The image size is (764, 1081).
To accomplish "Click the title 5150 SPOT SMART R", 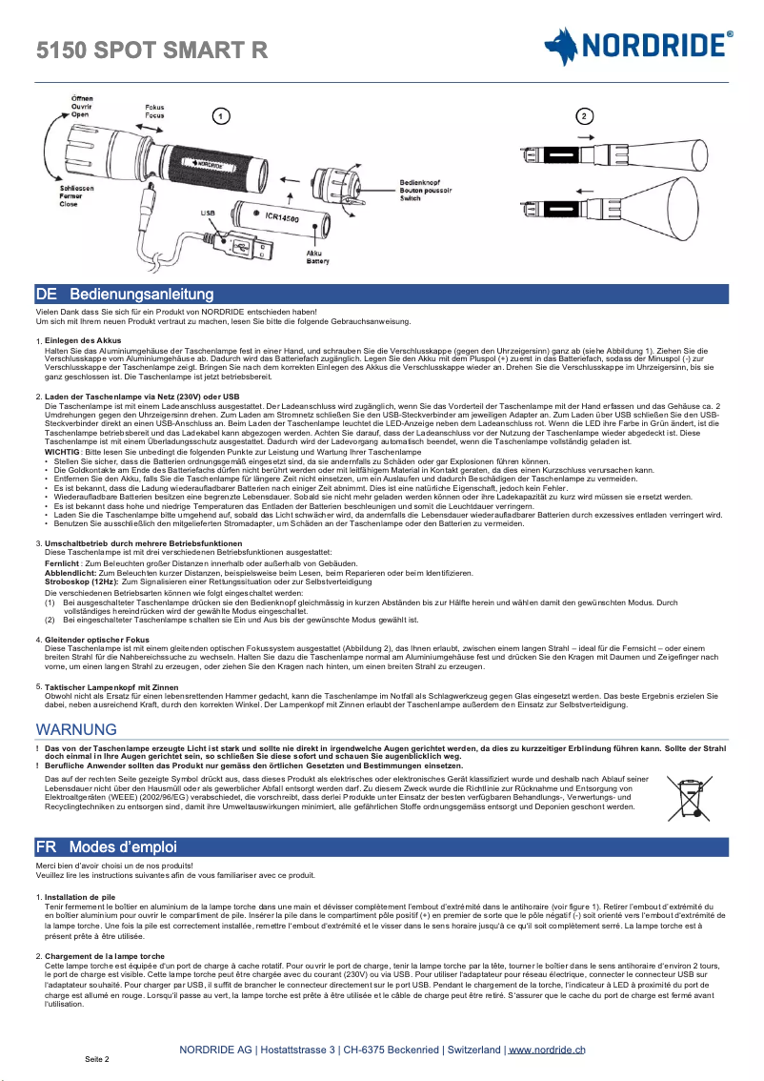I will (151, 50).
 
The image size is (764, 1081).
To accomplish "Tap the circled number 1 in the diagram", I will (220, 116).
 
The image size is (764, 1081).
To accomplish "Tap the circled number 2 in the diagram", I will (583, 115).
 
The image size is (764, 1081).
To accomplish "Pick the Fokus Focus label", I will (154, 111).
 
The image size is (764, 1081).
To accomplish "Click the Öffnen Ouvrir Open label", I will (82, 106).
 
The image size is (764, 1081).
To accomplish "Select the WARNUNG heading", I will (76, 729).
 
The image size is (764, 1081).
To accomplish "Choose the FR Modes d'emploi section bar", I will (381, 846).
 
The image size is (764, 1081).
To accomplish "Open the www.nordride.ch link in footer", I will (547, 1050).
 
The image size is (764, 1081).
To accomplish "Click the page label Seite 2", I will (97, 1059).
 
